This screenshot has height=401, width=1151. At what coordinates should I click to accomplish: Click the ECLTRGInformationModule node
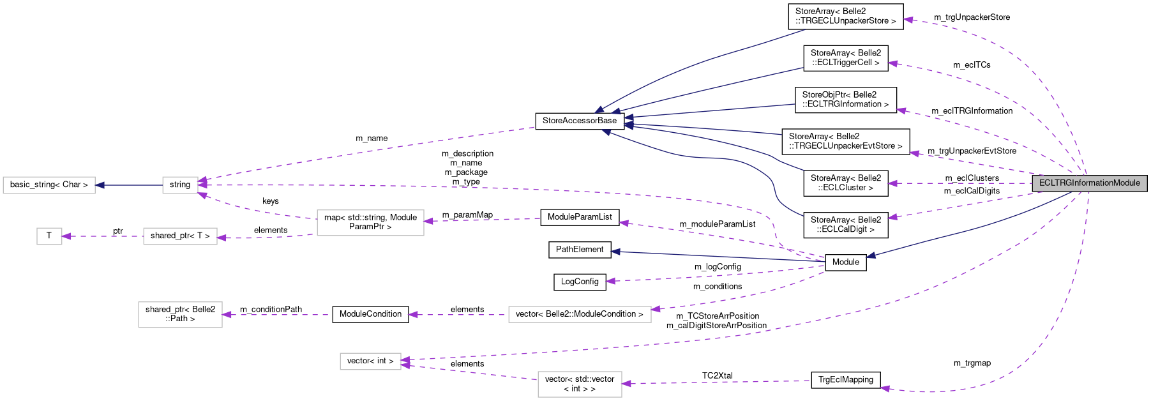pos(1089,183)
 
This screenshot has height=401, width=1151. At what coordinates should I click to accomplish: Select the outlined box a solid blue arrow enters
pos(49,185)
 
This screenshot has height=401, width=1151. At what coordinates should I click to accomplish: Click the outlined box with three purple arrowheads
pos(180,185)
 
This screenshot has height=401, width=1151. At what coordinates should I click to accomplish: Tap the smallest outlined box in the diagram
pos(49,236)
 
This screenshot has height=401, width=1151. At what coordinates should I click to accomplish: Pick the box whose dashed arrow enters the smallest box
pos(180,236)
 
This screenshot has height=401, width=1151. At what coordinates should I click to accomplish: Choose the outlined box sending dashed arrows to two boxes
pos(370,223)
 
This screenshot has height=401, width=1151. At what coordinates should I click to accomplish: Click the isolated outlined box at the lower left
pos(180,315)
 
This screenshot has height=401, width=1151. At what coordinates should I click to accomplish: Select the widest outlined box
pos(580,315)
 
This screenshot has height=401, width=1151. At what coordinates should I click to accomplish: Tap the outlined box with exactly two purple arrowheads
pos(370,361)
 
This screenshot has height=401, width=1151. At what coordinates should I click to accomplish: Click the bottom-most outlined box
pos(580,384)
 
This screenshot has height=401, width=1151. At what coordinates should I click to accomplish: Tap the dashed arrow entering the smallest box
pos(102,236)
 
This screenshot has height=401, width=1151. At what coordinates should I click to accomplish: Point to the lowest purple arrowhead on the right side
pos(884,388)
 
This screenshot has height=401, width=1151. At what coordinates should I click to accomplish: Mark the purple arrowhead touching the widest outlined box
pos(656,309)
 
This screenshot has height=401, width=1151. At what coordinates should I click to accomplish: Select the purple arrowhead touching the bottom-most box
pos(626,384)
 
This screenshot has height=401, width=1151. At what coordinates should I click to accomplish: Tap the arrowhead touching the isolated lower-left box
pos(227,315)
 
